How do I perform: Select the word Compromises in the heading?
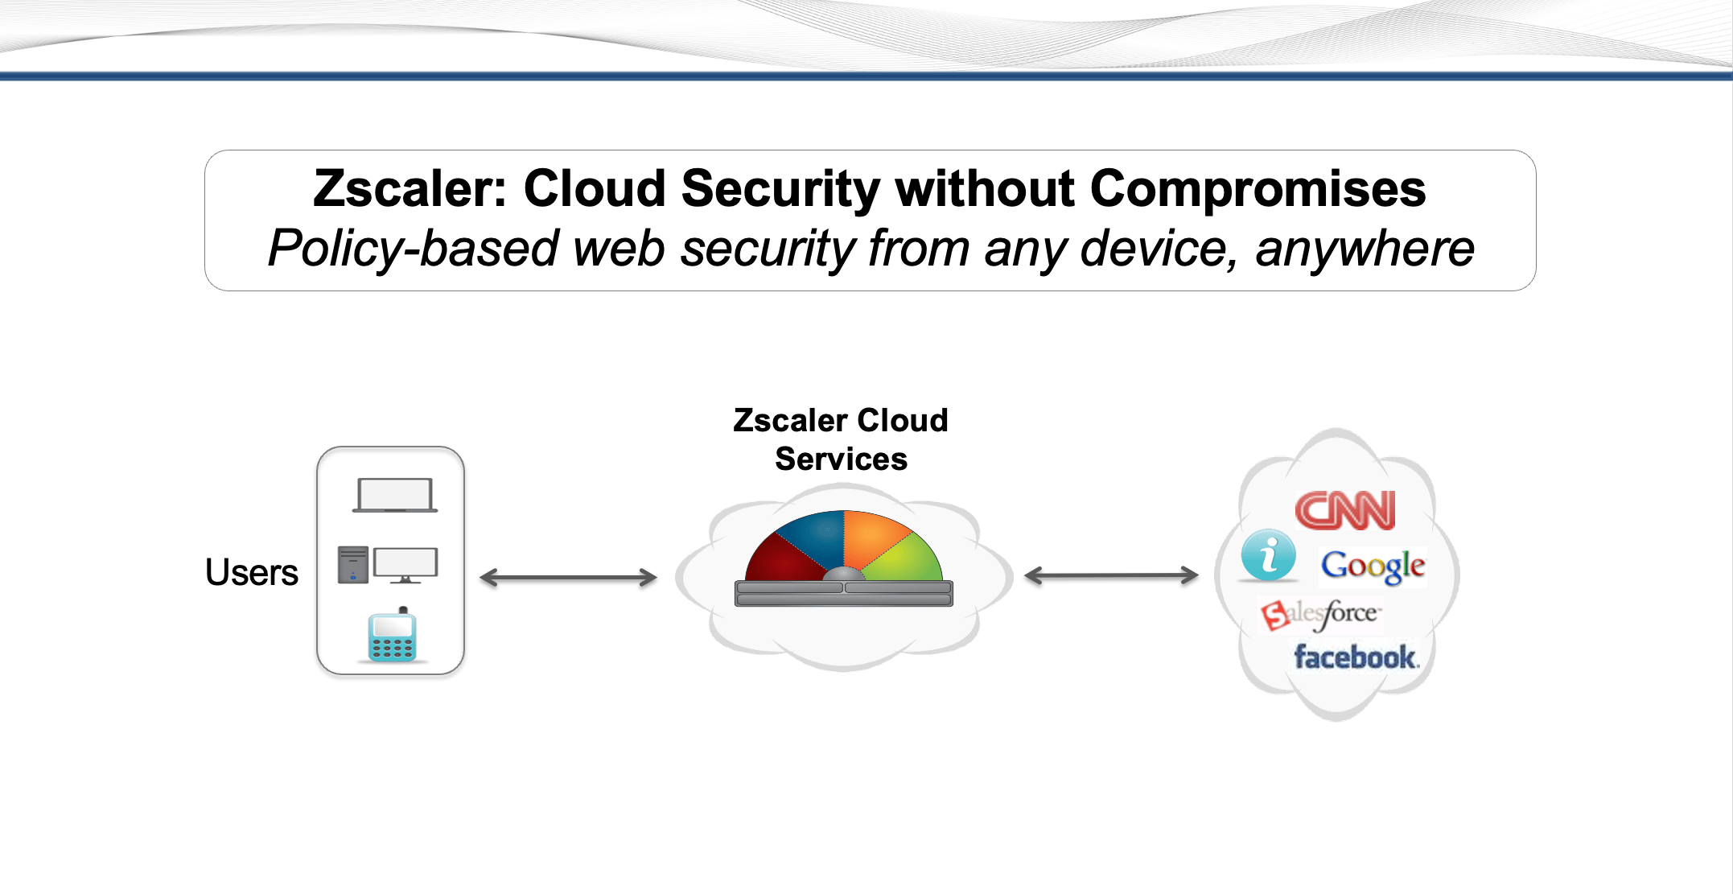coord(1258,189)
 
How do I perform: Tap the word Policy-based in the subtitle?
coord(413,248)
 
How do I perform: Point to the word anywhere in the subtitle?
coord(1365,248)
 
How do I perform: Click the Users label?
coord(252,572)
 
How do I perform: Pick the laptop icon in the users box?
coord(395,495)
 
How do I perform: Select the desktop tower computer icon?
coord(353,564)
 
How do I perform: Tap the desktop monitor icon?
coord(406,564)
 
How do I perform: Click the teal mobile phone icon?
coord(393,636)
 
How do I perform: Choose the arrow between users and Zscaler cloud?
coord(568,577)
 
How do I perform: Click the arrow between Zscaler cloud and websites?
coord(1111,575)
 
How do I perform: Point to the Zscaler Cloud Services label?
coord(841,439)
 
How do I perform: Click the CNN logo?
coord(1345,510)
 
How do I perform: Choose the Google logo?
coord(1373,566)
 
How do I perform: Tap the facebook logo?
coord(1356,657)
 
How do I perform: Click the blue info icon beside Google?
coord(1269,555)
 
